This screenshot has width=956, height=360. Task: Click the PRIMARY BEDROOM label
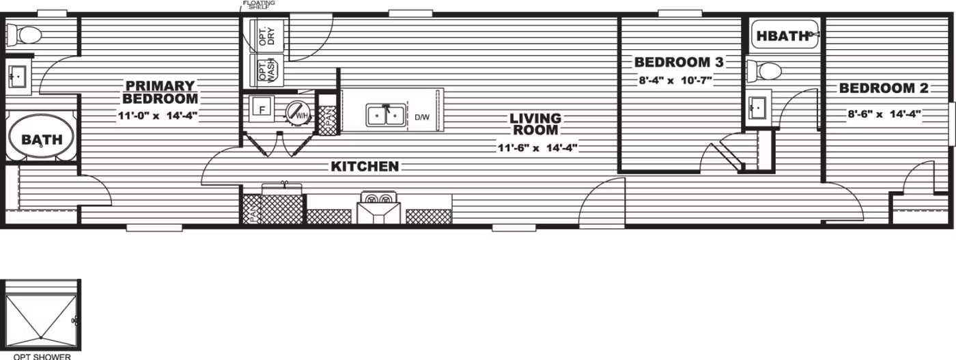pyautogui.click(x=160, y=92)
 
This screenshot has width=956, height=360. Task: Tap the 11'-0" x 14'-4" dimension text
pyautogui.click(x=158, y=115)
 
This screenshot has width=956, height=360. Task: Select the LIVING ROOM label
pyautogui.click(x=535, y=124)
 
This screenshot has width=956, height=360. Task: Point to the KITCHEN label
pyautogui.click(x=365, y=166)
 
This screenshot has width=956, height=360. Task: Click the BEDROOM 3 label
pyautogui.click(x=679, y=62)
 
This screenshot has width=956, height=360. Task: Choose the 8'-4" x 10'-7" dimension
pyautogui.click(x=675, y=81)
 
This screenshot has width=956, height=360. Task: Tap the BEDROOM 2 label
pyautogui.click(x=884, y=88)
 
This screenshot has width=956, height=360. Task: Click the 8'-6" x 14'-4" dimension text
pyautogui.click(x=884, y=115)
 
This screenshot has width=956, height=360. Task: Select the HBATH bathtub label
pyautogui.click(x=783, y=36)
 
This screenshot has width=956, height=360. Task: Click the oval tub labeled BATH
pyautogui.click(x=42, y=136)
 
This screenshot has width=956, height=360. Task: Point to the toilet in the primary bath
pyautogui.click(x=24, y=35)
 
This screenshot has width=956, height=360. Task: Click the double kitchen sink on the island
pyautogui.click(x=385, y=115)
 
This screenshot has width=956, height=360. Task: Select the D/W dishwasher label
pyautogui.click(x=422, y=117)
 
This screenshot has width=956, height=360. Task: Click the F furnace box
pyautogui.click(x=262, y=109)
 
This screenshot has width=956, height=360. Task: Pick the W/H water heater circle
pyautogui.click(x=298, y=113)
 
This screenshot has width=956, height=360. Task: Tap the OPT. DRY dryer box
pyautogui.click(x=267, y=36)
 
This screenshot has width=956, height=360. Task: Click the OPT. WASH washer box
pyautogui.click(x=267, y=70)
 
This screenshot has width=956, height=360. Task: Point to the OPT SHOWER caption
pyautogui.click(x=42, y=357)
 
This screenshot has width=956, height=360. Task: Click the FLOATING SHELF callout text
pyautogui.click(x=259, y=4)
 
